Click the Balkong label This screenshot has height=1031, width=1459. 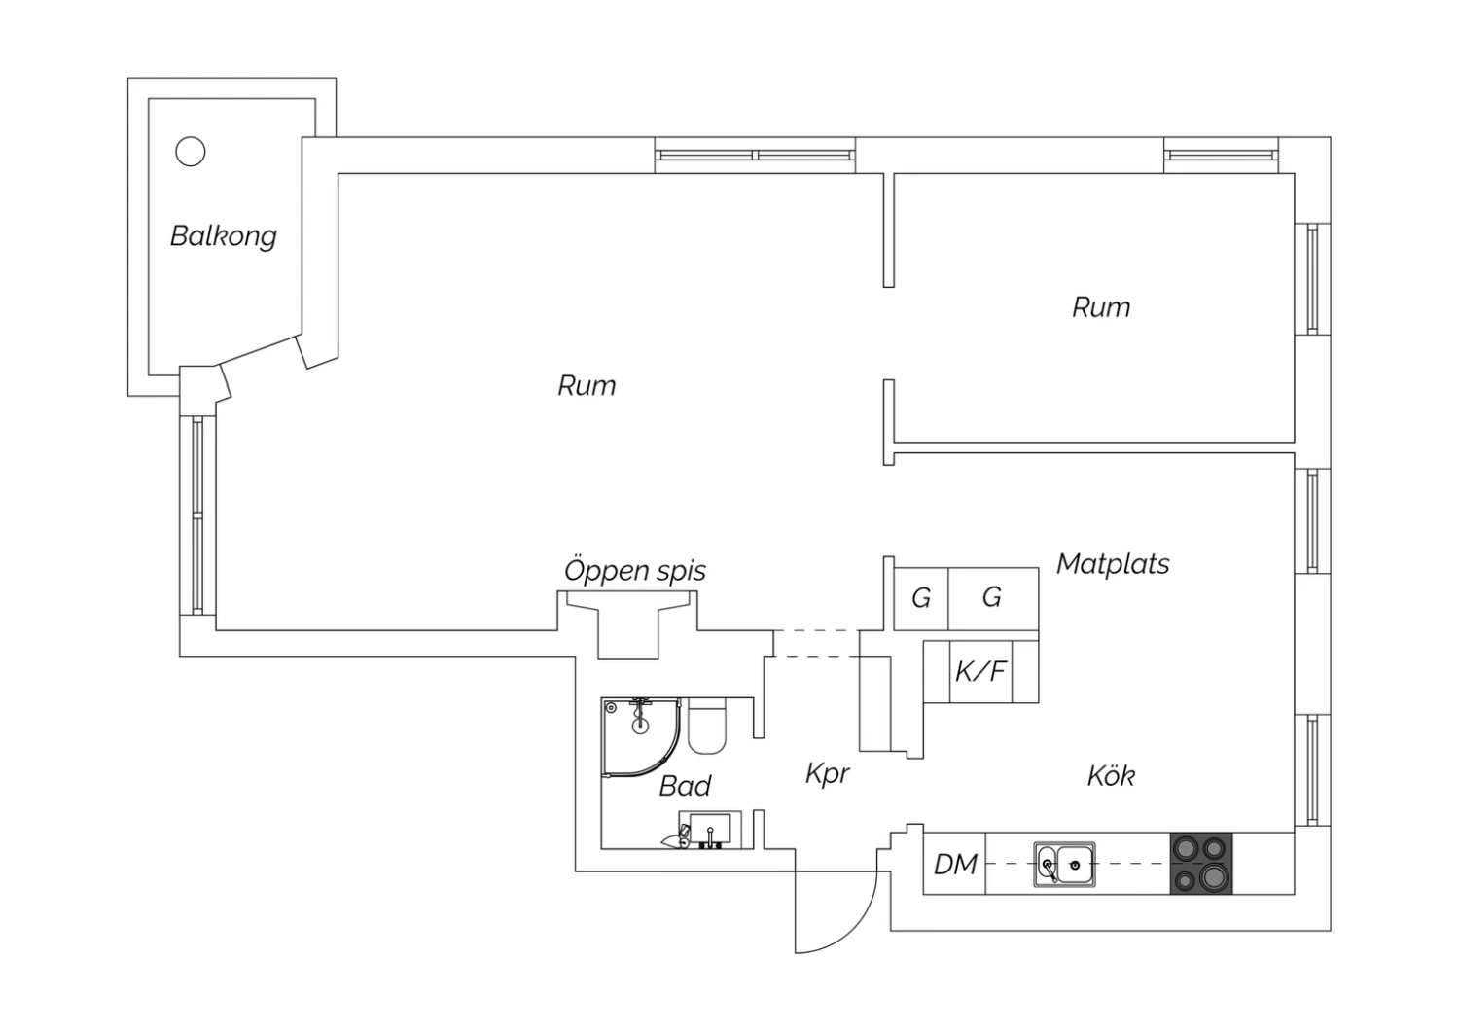(x=224, y=236)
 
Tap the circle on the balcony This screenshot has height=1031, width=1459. (x=191, y=152)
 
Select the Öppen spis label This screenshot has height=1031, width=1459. (x=635, y=571)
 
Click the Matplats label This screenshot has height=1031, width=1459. (x=1113, y=564)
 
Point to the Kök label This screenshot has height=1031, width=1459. (x=1111, y=776)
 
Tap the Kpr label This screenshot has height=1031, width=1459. (x=827, y=774)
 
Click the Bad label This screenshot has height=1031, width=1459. (x=685, y=786)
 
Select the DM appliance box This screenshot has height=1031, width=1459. (x=954, y=863)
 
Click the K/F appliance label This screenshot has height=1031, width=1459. (x=980, y=671)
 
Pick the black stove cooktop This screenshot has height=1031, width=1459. (x=1201, y=863)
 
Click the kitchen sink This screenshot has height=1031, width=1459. (x=1064, y=865)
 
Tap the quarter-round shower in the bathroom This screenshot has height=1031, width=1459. (x=641, y=738)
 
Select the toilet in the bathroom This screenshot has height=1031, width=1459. (x=707, y=726)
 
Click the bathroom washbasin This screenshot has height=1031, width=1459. (x=710, y=830)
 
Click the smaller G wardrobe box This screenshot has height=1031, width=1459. (x=921, y=598)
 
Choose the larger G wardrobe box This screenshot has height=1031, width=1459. (x=993, y=598)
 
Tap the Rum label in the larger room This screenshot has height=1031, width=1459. (x=587, y=385)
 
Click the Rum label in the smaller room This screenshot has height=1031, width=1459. (x=1101, y=307)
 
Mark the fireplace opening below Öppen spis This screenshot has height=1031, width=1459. (x=628, y=625)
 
